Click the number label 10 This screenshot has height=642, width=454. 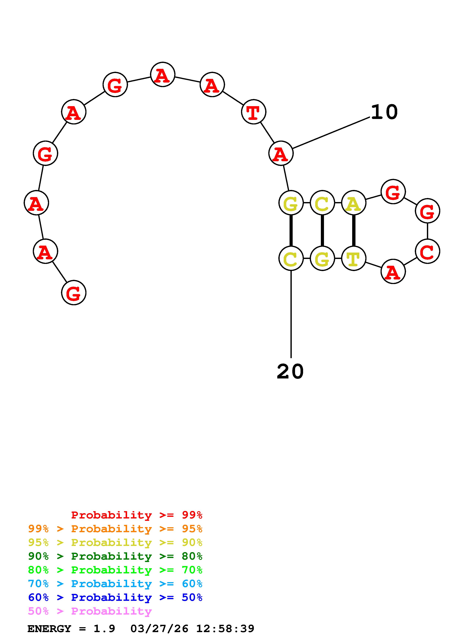(384, 112)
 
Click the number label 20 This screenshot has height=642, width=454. (290, 372)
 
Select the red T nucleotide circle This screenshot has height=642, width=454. (253, 112)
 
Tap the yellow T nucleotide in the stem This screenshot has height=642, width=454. (354, 258)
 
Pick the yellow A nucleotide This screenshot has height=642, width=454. (354, 203)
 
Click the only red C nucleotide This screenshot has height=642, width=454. (427, 251)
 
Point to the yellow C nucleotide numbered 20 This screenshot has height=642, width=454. (291, 258)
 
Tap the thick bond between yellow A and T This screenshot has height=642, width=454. (354, 230)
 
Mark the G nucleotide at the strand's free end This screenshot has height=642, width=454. (74, 293)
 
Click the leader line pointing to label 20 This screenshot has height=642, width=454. (291, 313)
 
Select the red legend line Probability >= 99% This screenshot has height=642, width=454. (136, 515)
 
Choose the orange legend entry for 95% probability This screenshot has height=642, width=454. (115, 529)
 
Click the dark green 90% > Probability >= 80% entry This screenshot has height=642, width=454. (115, 556)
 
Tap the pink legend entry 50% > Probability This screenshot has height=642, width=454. (90, 611)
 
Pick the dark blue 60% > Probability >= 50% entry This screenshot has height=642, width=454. (115, 597)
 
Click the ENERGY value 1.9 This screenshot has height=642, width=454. (104, 629)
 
